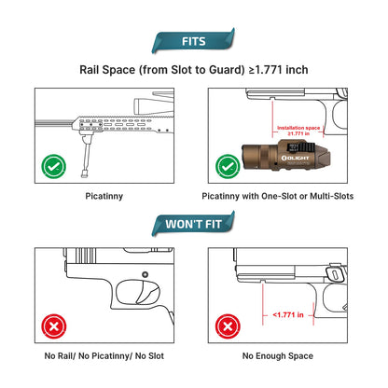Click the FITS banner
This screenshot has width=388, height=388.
click(193, 41)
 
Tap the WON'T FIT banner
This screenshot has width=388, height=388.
click(193, 224)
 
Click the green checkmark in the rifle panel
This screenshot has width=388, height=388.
click(53, 167)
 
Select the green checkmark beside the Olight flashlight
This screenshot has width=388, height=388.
click(228, 167)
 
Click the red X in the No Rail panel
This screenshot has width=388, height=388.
click(53, 326)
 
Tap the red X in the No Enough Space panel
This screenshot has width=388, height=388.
click(228, 326)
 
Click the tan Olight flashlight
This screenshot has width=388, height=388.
click(286, 156)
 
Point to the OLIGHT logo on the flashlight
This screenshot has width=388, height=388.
click(295, 158)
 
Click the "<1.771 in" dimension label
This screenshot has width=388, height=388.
click(288, 315)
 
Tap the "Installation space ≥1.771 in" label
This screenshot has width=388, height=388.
click(298, 131)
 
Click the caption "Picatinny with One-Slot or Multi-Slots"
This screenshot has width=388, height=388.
click(278, 196)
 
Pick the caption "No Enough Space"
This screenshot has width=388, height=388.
click(278, 356)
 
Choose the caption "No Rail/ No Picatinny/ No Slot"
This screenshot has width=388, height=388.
click(104, 356)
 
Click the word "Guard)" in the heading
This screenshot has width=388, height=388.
click(227, 70)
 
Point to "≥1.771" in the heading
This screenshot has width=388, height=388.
click(266, 70)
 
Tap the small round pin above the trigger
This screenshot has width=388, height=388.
click(145, 275)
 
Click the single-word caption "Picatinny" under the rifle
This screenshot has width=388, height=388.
click(104, 196)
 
